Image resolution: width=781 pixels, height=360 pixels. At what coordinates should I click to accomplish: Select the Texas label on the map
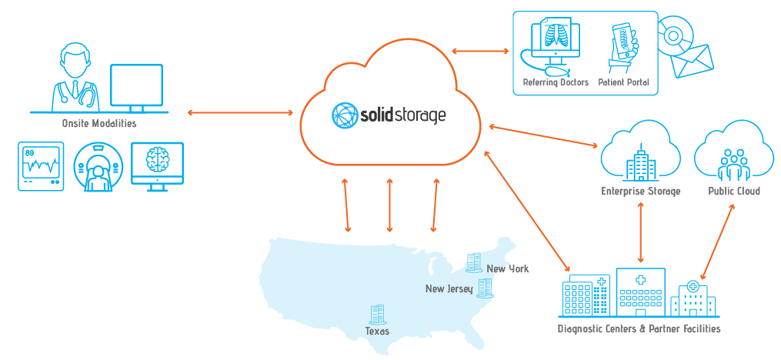pyautogui.click(x=377, y=331)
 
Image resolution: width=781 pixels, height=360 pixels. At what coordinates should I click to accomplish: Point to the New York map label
pyautogui.click(x=508, y=268)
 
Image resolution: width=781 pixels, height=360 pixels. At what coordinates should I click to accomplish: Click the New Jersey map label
pyautogui.click(x=449, y=288)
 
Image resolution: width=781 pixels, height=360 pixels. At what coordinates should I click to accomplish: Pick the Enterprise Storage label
pyautogui.click(x=640, y=191)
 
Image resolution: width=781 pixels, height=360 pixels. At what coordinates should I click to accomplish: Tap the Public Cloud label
pyautogui.click(x=734, y=191)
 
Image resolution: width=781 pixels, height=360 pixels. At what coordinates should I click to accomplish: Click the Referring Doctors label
pyautogui.click(x=556, y=82)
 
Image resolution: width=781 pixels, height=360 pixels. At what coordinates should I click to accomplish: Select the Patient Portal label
pyautogui.click(x=624, y=82)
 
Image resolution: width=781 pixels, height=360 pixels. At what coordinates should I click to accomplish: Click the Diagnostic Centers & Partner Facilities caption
pyautogui.click(x=639, y=329)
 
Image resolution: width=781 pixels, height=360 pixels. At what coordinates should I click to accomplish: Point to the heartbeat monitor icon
pyautogui.click(x=41, y=165)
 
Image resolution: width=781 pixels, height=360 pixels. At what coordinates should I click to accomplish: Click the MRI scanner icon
pyautogui.click(x=98, y=168)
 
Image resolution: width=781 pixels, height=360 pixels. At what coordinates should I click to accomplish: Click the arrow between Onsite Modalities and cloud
pyautogui.click(x=240, y=113)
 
